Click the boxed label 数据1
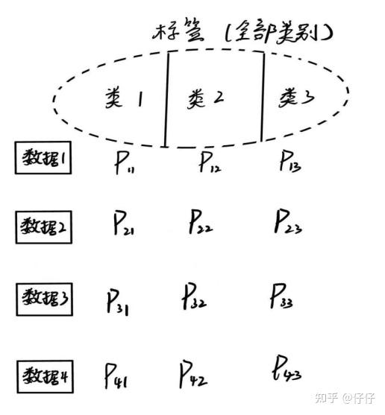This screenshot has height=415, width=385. pyautogui.click(x=43, y=158)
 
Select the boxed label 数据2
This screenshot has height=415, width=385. pyautogui.click(x=44, y=227)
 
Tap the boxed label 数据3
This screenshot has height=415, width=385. pyautogui.click(x=45, y=300)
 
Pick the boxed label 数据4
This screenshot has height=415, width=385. pyautogui.click(x=45, y=376)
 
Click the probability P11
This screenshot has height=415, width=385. pyautogui.click(x=125, y=162)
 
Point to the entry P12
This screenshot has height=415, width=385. pyautogui.click(x=210, y=162)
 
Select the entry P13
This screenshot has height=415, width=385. pyautogui.click(x=290, y=160)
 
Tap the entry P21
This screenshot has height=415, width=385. pyautogui.click(x=123, y=223)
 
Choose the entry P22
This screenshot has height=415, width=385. pyautogui.click(x=201, y=221)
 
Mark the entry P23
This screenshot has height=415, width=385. pyautogui.click(x=288, y=221)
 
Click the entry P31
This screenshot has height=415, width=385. pyautogui.click(x=118, y=302)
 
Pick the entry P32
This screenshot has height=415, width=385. pyautogui.click(x=195, y=296)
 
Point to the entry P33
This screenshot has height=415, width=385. pyautogui.click(x=281, y=296)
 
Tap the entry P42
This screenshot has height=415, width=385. pyautogui.click(x=193, y=374)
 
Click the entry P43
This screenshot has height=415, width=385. pyautogui.click(x=287, y=368)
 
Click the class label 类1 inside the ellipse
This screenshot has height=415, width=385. pyautogui.click(x=124, y=98)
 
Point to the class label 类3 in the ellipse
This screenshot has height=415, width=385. pyautogui.click(x=297, y=98)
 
